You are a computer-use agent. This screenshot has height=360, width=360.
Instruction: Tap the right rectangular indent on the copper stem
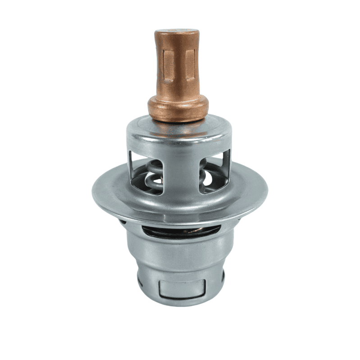coord(190,63)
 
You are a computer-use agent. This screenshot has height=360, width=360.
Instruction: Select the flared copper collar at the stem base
coord(178,108)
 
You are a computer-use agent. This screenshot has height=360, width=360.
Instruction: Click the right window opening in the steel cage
coord(214,170)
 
